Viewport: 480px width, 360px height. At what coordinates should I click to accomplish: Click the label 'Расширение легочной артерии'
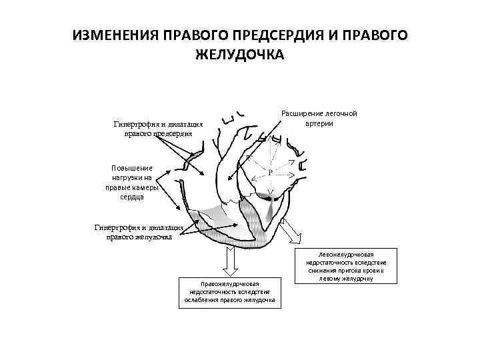pyautogui.click(x=319, y=118)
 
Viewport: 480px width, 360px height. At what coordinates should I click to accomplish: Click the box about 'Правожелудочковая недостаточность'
pyautogui.click(x=229, y=293)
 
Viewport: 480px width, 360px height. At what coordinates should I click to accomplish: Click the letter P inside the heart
pyautogui.click(x=271, y=172)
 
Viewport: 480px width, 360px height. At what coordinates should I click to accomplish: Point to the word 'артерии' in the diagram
pyautogui.click(x=319, y=123)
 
